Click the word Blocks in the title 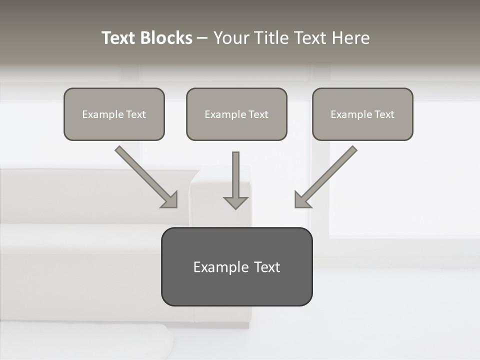[x=166, y=38]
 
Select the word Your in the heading [x=231, y=38]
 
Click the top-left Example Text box [x=114, y=114]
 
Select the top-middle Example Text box [x=236, y=114]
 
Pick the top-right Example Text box [x=362, y=114]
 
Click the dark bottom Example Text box [x=236, y=266]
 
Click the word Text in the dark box [x=267, y=267]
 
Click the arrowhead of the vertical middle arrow [x=235, y=202]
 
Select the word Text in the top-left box [x=135, y=114]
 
